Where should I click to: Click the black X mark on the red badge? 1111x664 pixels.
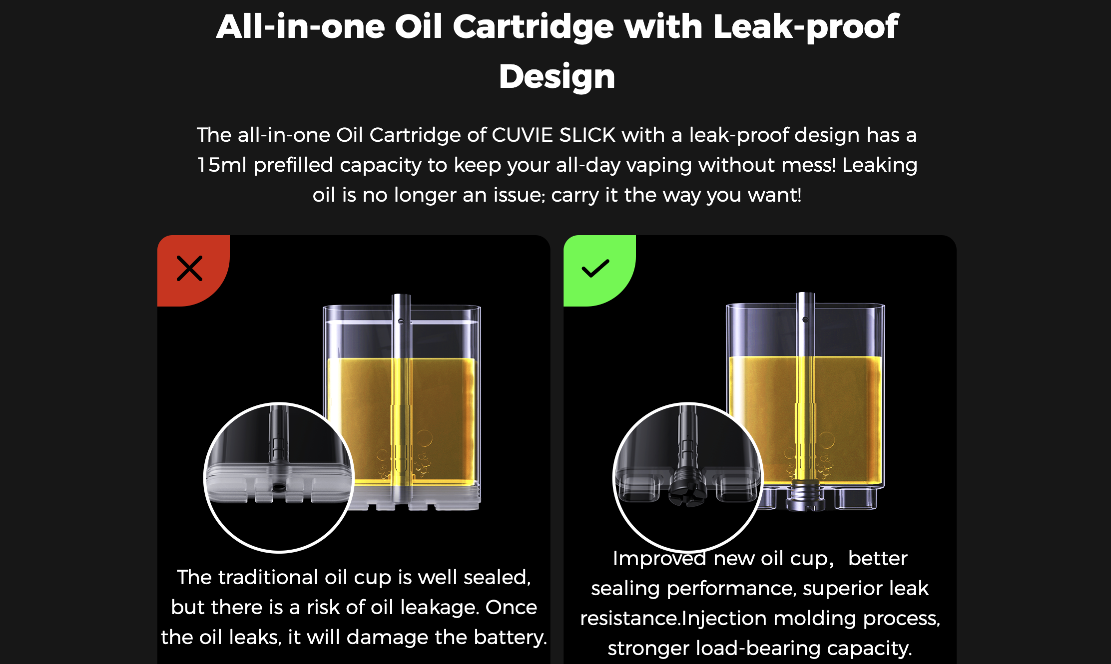pyautogui.click(x=189, y=269)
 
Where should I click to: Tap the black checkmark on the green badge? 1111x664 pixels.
pyautogui.click(x=595, y=268)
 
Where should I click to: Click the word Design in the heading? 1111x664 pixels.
pyautogui.click(x=557, y=77)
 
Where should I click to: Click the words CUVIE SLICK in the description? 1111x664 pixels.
pyautogui.click(x=554, y=135)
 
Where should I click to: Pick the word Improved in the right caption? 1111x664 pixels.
pyautogui.click(x=659, y=559)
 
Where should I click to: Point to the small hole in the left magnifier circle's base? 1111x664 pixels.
pyautogui.click(x=279, y=487)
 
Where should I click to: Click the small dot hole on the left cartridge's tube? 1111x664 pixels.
pyautogui.click(x=401, y=322)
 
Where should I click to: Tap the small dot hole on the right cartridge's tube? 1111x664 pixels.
pyautogui.click(x=805, y=320)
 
